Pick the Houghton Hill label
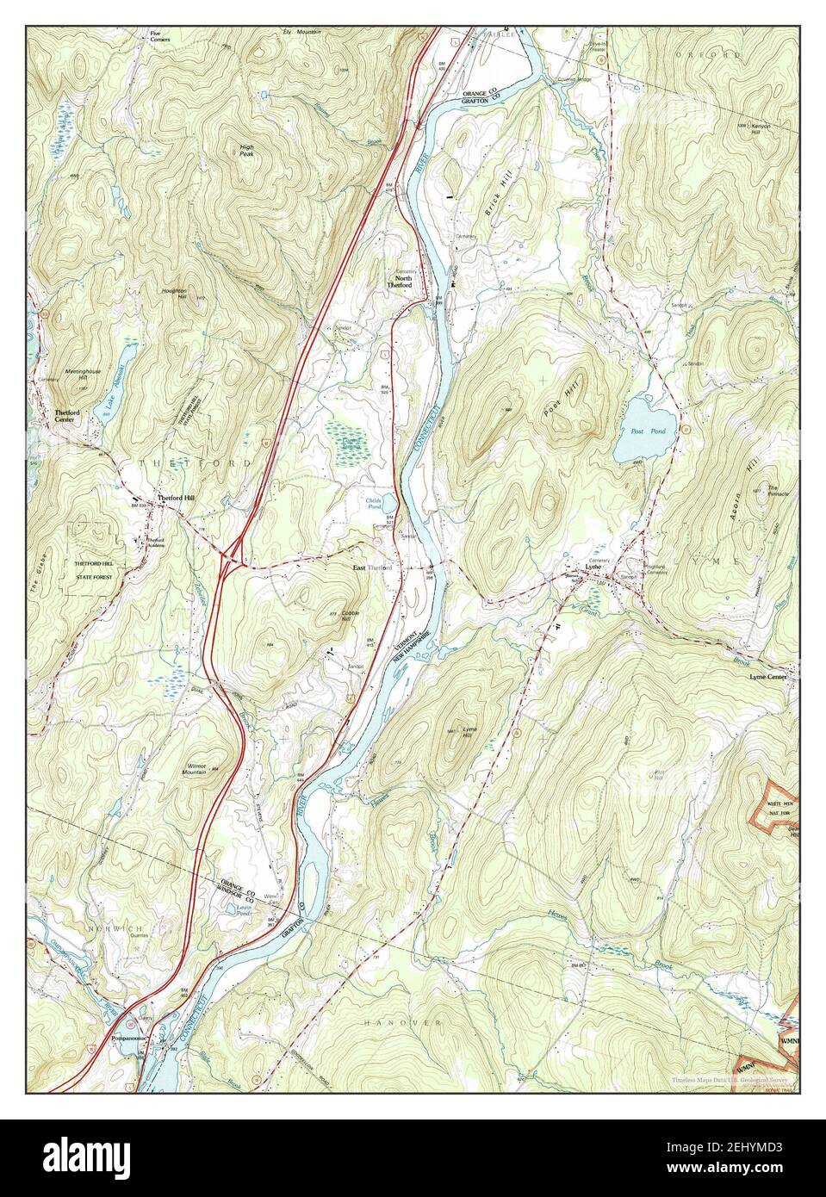(x=174, y=293)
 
